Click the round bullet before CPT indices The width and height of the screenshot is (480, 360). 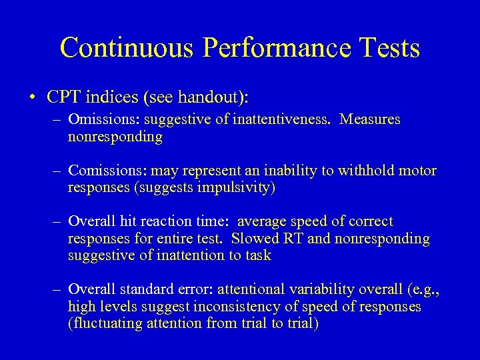[x=33, y=97]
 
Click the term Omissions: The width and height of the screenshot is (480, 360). [x=99, y=120]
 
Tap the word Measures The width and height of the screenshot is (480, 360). [x=370, y=120]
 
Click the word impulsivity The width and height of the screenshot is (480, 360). [x=231, y=187]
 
